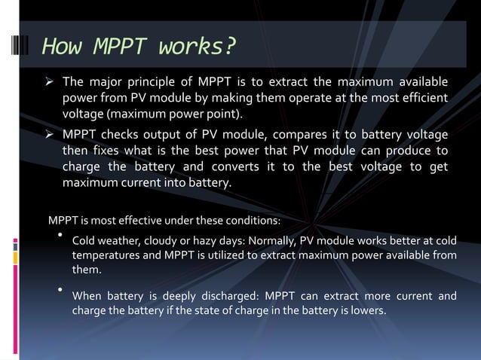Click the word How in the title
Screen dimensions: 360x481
[x=63, y=47]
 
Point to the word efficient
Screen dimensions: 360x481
[x=421, y=99]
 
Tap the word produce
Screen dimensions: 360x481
[x=410, y=151]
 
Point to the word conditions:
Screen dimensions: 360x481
[x=253, y=221]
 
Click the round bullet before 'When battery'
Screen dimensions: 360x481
[x=60, y=289]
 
